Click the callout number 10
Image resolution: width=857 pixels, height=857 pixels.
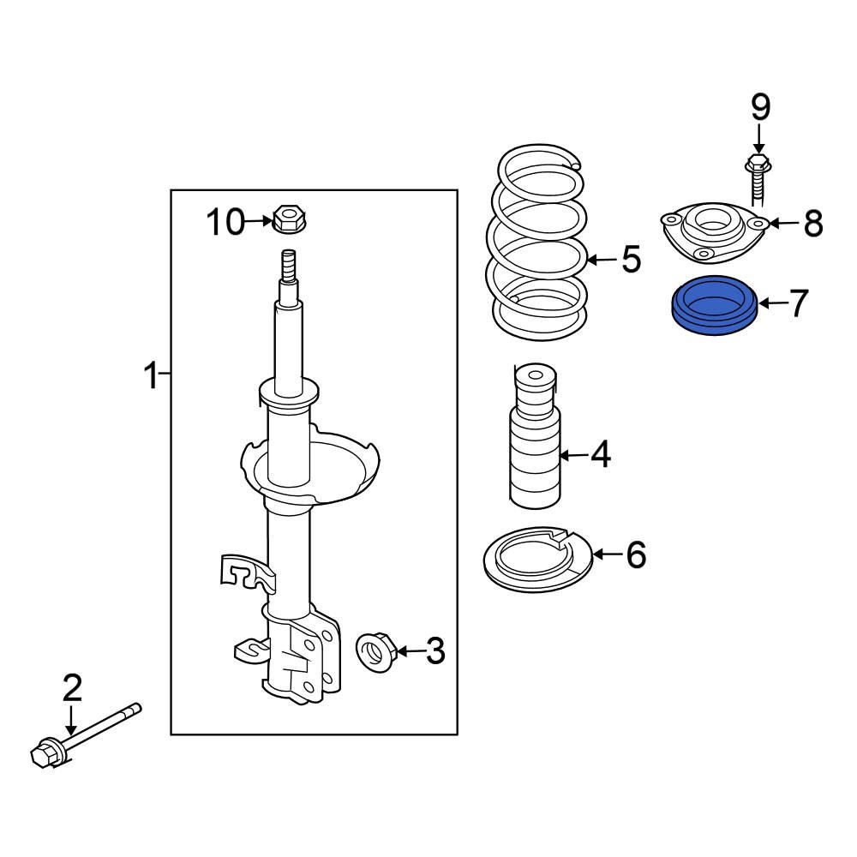[225, 223]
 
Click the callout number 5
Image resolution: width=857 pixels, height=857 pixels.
[631, 259]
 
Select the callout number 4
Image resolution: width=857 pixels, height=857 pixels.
[600, 455]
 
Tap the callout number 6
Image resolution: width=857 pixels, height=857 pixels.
[635, 555]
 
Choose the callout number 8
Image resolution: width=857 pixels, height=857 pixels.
[812, 224]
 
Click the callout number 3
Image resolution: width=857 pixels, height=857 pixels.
[435, 652]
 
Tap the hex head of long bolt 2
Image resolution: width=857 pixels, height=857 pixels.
[42, 755]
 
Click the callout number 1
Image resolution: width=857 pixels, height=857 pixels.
[151, 375]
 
